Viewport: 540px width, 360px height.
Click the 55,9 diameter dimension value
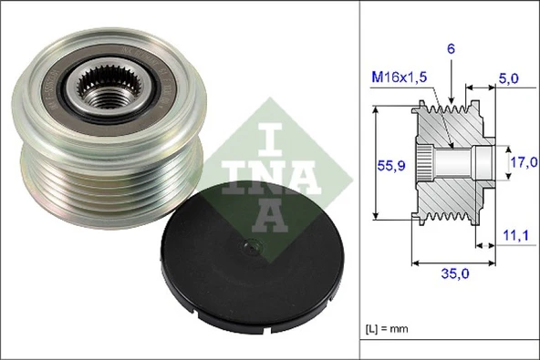pyautogui.click(x=391, y=167)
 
